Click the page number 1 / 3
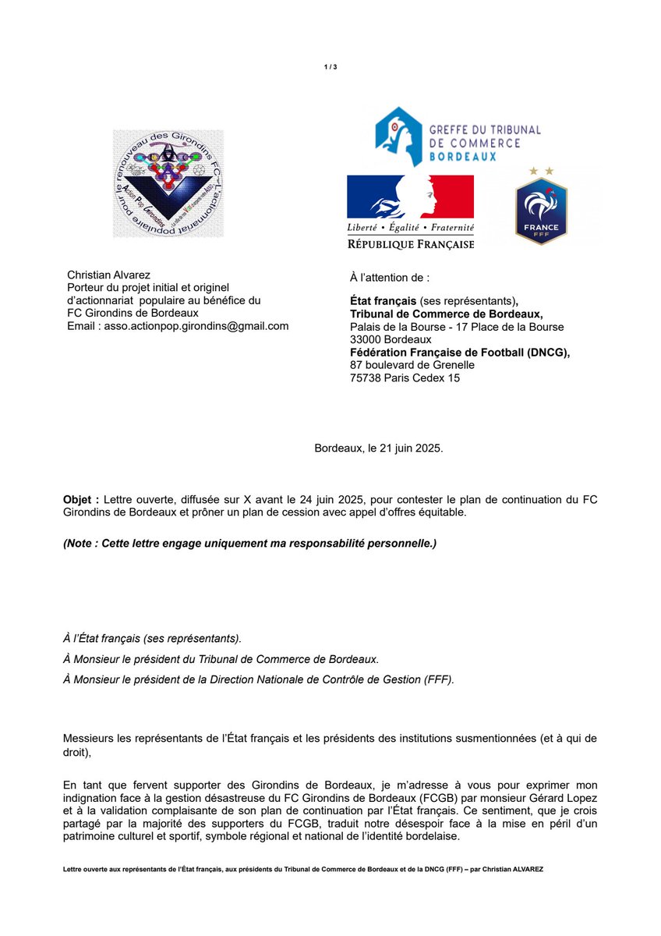[330, 68]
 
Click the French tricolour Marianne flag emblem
[410, 197]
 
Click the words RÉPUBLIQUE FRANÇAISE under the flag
[410, 245]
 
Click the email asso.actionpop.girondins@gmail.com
[195, 326]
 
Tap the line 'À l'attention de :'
[389, 278]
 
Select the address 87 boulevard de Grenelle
[412, 364]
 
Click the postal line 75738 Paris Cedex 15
[405, 378]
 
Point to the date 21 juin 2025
[411, 449]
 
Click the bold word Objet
[80, 498]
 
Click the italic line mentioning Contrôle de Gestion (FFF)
[258, 680]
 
